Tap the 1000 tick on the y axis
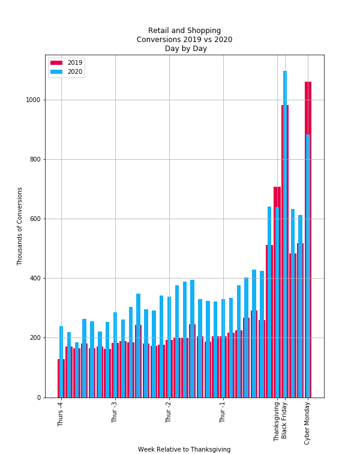tap(35, 100)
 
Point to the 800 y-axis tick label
tap(37, 159)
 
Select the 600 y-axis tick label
tap(37, 219)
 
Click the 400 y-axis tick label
tap(37, 278)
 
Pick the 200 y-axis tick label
tap(37, 337)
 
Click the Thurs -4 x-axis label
tap(61, 414)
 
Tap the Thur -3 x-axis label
tap(115, 413)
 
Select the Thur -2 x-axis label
tap(169, 413)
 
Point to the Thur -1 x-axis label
tap(223, 413)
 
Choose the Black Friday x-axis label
tap(284, 420)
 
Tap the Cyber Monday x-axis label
tap(308, 423)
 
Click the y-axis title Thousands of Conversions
tap(20, 226)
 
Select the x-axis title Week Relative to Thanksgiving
tap(184, 449)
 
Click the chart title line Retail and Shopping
tap(184, 31)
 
